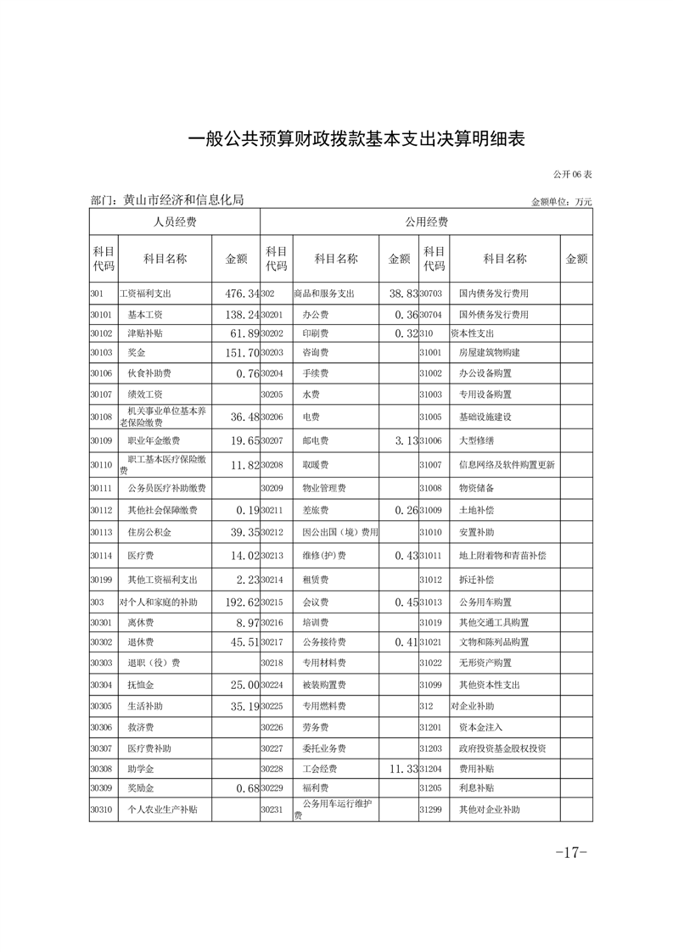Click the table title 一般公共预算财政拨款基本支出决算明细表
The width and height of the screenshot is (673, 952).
coord(356,139)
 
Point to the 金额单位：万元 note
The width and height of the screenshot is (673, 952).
coord(561,202)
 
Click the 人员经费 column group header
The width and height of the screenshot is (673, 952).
coord(174,222)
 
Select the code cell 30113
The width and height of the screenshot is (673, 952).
coord(101,534)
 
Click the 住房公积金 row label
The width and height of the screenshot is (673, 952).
coord(149,534)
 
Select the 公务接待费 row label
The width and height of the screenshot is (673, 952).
coord(324,642)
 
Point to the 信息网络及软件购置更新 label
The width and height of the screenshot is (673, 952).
coord(507,465)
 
